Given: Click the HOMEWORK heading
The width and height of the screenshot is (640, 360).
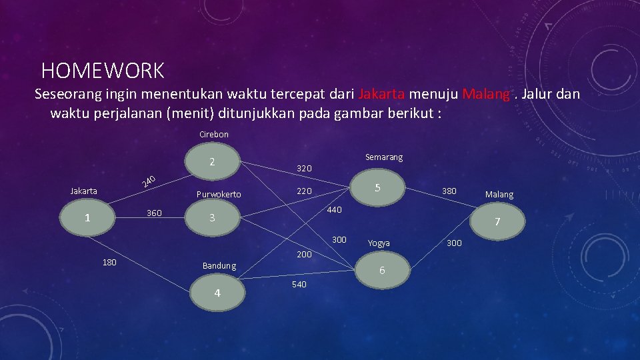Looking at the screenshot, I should coord(102,70).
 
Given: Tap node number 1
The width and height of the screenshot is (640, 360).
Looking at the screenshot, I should coord(87,218).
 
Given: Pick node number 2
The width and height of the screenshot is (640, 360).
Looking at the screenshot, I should coord(211,162).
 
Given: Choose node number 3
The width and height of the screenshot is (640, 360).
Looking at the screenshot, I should coord(211,218).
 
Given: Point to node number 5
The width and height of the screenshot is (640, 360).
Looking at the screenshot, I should coord(377,188).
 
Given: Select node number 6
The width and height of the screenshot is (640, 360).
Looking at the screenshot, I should coord(382,270).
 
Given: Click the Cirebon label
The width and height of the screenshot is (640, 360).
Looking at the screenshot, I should coord(213,135).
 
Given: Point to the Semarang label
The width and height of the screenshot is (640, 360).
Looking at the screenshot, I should coord(384,157).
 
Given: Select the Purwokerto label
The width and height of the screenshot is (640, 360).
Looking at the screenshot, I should coord(219,195).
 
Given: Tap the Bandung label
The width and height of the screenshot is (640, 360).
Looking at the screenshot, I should coord(219,266).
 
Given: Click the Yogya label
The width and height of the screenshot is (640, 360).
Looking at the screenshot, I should coord(379,243).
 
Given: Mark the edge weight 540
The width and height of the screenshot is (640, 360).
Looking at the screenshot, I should coord(299,285).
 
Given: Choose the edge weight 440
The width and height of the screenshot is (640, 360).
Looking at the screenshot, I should coord(333,210).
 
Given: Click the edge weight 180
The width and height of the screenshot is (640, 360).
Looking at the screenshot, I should coord(109,262).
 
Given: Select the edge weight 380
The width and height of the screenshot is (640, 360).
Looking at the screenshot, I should coord(449,191).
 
